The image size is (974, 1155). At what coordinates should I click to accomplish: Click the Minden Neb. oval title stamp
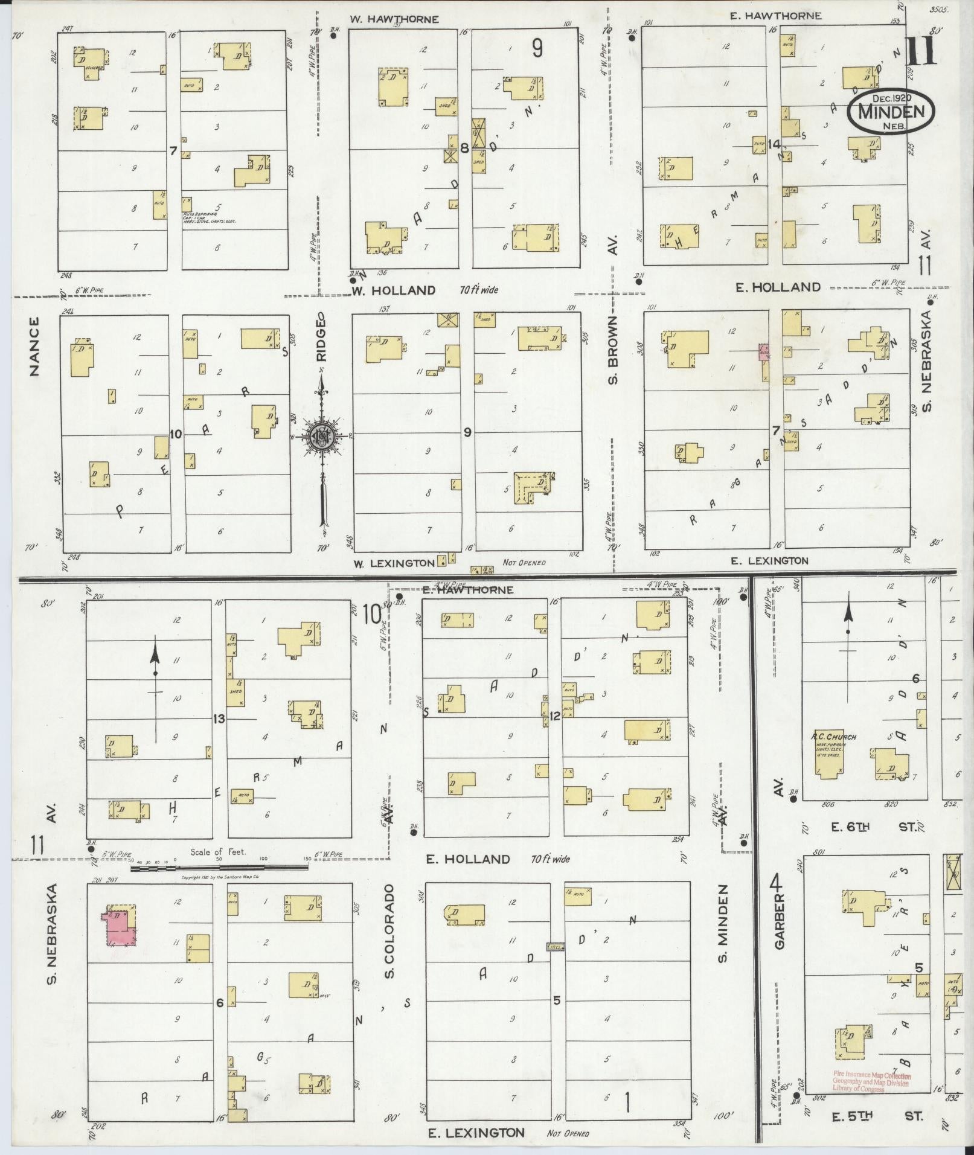(890, 111)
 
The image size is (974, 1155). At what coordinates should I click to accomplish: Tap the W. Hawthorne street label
(394, 19)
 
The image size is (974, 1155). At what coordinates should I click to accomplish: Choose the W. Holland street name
(394, 290)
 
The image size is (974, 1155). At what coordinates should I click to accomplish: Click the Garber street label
(778, 921)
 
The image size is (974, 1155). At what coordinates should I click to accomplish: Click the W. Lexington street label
(394, 563)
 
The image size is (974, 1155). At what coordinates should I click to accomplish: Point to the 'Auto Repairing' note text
(209, 218)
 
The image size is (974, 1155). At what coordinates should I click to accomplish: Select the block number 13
(219, 718)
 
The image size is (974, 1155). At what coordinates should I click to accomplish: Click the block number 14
(775, 144)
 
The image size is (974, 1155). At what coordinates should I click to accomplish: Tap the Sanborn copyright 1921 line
(220, 877)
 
